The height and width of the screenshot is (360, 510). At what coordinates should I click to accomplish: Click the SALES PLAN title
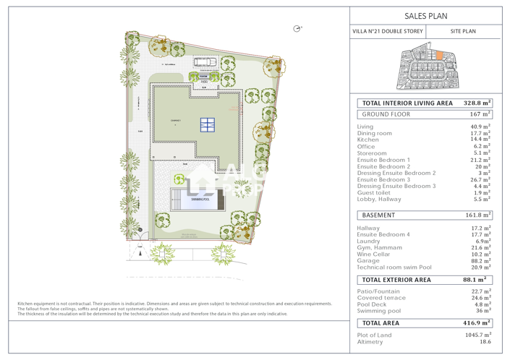tap(425, 15)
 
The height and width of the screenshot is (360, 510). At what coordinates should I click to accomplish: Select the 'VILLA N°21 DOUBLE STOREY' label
tap(388, 32)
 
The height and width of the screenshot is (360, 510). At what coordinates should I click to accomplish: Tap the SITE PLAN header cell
tap(463, 32)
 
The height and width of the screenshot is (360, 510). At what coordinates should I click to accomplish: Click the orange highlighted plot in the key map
tap(429, 56)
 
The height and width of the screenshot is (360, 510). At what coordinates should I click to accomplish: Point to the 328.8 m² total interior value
tap(477, 103)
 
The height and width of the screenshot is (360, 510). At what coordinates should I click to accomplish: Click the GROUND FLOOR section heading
tap(386, 114)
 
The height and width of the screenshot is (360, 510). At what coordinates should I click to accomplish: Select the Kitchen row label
tap(367, 140)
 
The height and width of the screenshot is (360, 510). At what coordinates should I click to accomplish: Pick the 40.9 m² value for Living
tap(480, 127)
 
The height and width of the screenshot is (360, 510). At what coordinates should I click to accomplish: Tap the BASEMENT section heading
tap(378, 215)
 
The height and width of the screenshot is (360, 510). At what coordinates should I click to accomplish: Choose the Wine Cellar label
tap(375, 254)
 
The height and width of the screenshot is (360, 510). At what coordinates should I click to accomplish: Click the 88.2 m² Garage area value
tap(480, 261)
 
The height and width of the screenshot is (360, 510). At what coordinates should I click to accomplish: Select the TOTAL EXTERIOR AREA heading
tap(396, 280)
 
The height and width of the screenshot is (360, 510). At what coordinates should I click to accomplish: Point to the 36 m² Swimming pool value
tap(483, 312)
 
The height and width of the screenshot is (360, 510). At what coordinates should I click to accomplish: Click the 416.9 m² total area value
tap(476, 323)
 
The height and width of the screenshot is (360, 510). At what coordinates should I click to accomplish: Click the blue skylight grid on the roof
tap(208, 124)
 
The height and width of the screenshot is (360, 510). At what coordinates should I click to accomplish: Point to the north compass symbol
tap(297, 28)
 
